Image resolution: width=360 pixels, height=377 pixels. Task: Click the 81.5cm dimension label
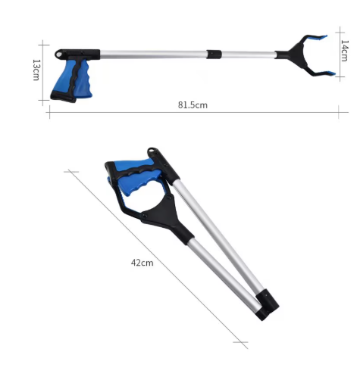(193, 104)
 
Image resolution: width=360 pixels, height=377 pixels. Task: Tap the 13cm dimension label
(36, 70)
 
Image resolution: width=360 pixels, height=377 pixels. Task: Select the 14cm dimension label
(344, 51)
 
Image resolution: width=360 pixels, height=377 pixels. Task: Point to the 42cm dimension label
(142, 263)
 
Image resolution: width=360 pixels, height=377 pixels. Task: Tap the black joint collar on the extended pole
(214, 55)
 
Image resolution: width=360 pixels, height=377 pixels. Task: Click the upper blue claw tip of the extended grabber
(320, 38)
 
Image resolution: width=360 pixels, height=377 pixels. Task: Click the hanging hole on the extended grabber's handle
(59, 55)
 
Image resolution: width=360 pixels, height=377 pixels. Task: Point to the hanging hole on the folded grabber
(152, 151)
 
